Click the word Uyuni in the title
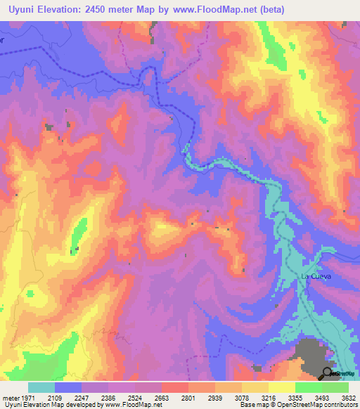[x=21, y=9]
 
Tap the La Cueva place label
[x=316, y=277]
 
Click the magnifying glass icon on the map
[x=328, y=373]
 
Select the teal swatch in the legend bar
[x=41, y=387]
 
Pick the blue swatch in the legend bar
[x=68, y=387]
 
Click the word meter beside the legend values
[x=11, y=398]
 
